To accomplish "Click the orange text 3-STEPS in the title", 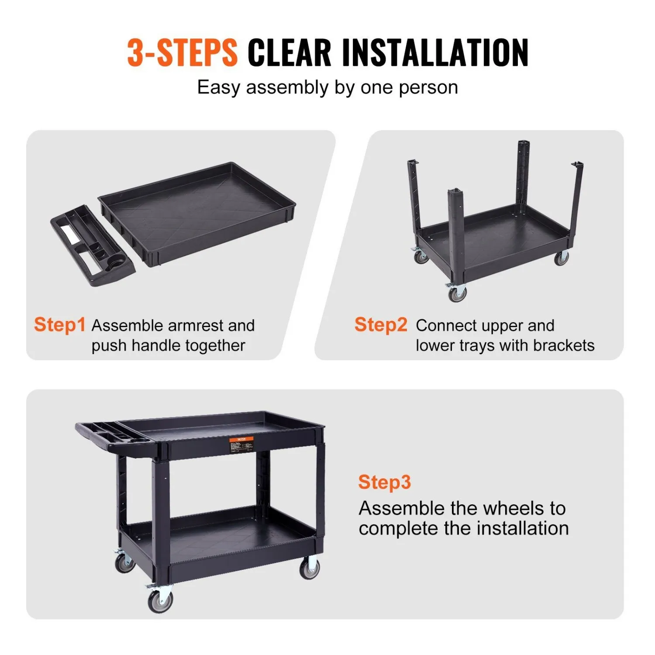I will (182, 52).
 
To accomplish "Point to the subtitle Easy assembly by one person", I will (327, 87).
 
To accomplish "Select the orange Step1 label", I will (60, 325).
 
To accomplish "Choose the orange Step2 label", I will (381, 325).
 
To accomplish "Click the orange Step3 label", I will (384, 482).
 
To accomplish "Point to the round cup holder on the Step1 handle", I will (116, 265).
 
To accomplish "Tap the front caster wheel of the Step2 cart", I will (457, 293).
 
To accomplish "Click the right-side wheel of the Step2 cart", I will (561, 258).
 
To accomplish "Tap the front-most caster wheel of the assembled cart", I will (160, 601).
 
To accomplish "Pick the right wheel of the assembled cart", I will (309, 569).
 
